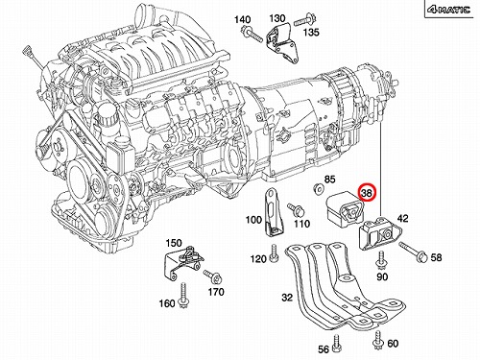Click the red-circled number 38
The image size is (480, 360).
[367, 193]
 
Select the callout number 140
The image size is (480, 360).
[242, 19]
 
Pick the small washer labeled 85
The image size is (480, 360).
[318, 189]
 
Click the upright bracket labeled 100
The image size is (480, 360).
[273, 213]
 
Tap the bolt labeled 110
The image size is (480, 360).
[296, 210]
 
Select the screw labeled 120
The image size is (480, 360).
[274, 253]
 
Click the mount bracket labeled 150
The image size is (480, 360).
[182, 262]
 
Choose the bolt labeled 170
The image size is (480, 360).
[212, 276]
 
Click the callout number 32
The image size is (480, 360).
[287, 298]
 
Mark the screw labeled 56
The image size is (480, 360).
[336, 343]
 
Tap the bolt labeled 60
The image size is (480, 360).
[378, 340]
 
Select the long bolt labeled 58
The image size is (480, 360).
[413, 252]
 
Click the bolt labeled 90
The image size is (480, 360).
[381, 259]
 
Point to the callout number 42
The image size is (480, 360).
[402, 218]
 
